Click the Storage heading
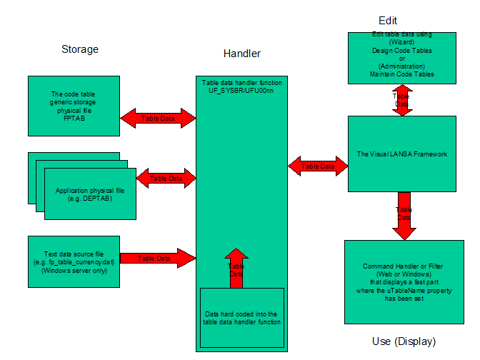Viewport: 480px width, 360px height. pos(80,49)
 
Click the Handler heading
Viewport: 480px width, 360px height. pos(242,54)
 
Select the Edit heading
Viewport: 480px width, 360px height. pos(388,20)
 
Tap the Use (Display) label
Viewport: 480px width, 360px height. pos(404,341)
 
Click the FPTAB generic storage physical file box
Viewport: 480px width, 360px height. pos(74,106)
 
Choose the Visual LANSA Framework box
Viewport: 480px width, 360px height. pos(402,154)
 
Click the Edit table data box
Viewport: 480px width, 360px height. pos(402,57)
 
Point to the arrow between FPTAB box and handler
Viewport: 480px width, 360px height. pos(159,118)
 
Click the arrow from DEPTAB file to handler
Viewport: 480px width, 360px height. pos(166,178)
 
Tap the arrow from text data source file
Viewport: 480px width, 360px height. pos(159,258)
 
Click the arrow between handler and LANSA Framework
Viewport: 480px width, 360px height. pos(318,166)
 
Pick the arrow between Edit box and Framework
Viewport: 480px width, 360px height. pos(402,100)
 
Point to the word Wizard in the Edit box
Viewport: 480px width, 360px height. pos(403,42)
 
